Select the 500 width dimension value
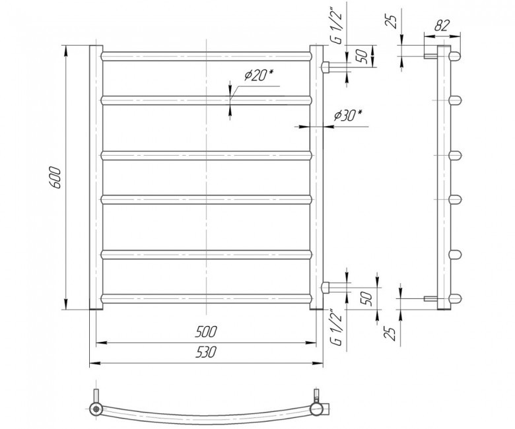pyautogui.click(x=206, y=332)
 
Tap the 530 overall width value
pyautogui.click(x=206, y=352)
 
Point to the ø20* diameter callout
pyautogui.click(x=258, y=76)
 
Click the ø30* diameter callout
pyautogui.click(x=348, y=115)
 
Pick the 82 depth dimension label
pyautogui.click(x=442, y=25)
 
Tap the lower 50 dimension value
pyautogui.click(x=368, y=298)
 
